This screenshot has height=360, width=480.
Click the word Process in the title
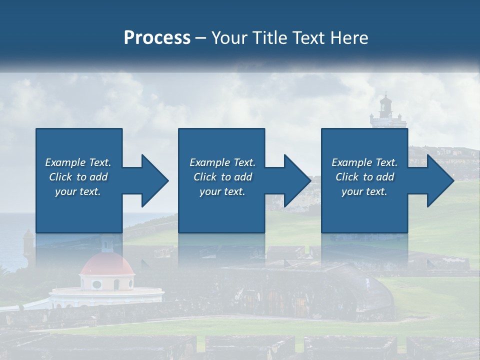(x=157, y=38)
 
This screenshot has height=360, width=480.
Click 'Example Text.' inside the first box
(x=78, y=162)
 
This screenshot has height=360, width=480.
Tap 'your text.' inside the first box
(x=78, y=191)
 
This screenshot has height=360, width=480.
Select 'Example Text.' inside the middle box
(x=222, y=162)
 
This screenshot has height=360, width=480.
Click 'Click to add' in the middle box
(x=222, y=177)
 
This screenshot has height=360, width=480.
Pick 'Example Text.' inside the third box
(x=364, y=162)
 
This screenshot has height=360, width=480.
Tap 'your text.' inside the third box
(x=364, y=191)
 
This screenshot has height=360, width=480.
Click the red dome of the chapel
(x=106, y=264)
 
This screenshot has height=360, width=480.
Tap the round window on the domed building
(x=97, y=284)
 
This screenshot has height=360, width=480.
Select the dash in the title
(x=201, y=38)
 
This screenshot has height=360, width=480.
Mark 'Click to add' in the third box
(x=364, y=177)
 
